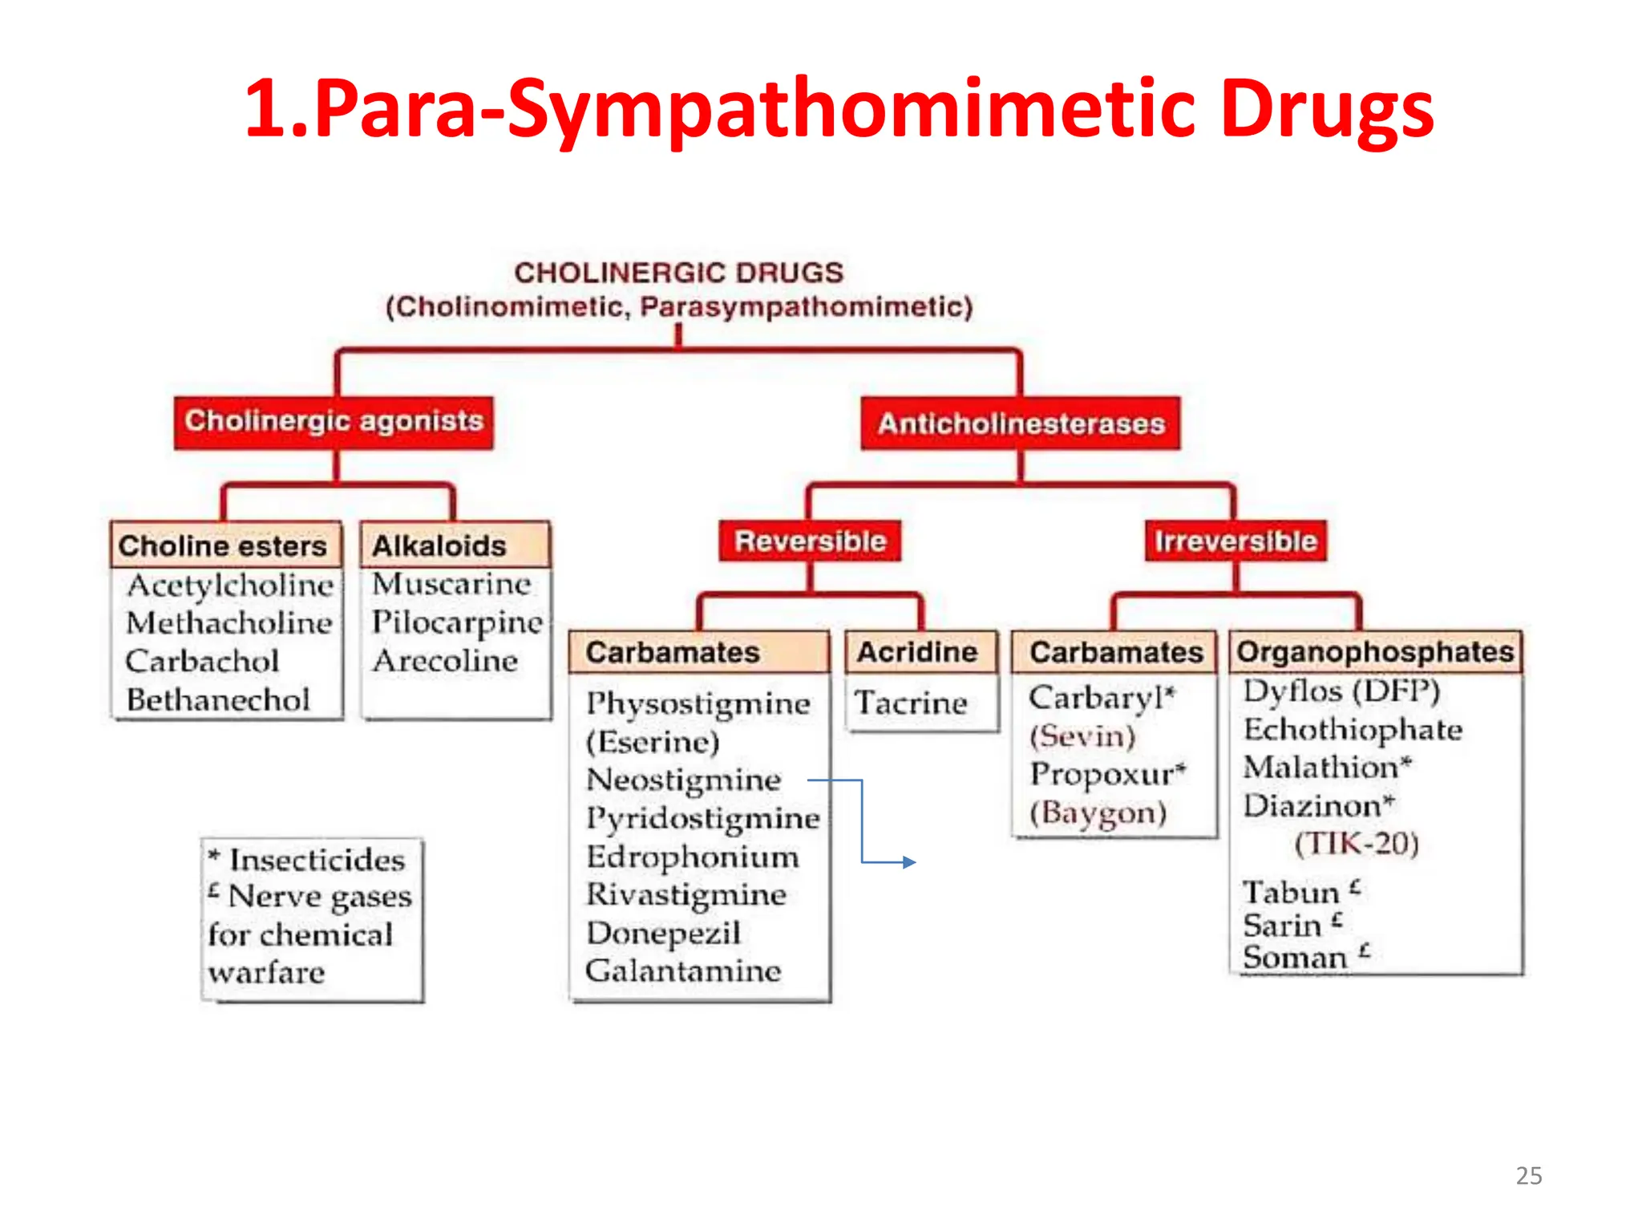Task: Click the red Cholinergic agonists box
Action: tap(334, 422)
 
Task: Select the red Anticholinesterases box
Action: tap(1020, 423)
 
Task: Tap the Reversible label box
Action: tap(810, 541)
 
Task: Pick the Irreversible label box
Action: tap(1235, 541)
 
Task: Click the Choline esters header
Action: tap(224, 546)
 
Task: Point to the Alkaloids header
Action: tap(439, 546)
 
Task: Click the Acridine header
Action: tap(918, 652)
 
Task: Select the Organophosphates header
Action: tap(1375, 652)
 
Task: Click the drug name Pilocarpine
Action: tap(457, 623)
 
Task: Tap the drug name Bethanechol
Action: tap(218, 700)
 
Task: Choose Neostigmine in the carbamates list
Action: tap(683, 780)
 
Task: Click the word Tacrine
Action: tap(911, 703)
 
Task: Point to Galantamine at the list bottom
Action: tap(683, 971)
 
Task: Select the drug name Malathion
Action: tap(1321, 768)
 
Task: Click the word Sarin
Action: tap(1282, 926)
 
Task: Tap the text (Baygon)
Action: tap(1098, 813)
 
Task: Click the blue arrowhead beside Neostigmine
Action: tap(909, 862)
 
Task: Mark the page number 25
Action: tap(1528, 1176)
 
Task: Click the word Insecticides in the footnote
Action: tap(317, 860)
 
